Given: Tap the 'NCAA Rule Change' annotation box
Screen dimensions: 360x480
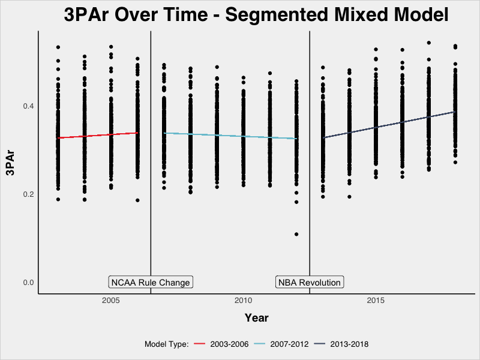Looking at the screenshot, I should (x=150, y=283).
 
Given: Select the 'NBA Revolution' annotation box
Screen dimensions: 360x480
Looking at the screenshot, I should (x=309, y=283).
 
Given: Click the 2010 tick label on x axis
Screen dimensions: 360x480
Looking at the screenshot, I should (x=243, y=301).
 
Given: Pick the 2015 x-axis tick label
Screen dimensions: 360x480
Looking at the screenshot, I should (x=376, y=301).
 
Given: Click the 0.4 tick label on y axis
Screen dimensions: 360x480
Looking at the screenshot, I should (x=27, y=106).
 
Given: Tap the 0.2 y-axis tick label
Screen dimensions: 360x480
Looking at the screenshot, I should (x=27, y=194).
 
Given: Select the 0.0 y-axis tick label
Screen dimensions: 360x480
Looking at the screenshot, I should (x=27, y=283).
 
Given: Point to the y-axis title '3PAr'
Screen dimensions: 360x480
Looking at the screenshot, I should (x=10, y=163).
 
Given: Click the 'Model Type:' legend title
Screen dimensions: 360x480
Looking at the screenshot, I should (x=167, y=344).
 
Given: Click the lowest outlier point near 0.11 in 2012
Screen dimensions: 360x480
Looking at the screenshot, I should (x=296, y=234).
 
